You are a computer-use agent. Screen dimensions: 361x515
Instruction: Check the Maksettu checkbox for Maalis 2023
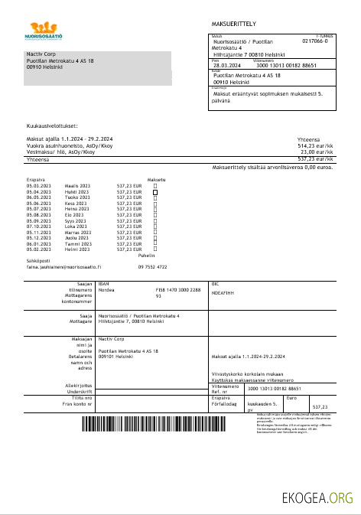tap(155, 185)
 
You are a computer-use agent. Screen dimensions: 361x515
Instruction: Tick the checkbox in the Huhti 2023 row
tap(155, 191)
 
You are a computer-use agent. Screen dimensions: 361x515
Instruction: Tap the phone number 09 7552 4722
tap(153, 266)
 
